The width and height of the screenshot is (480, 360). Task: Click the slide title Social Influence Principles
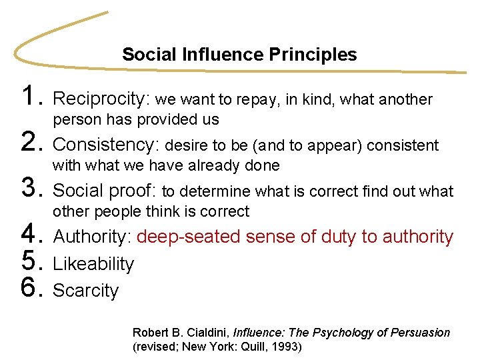click(239, 55)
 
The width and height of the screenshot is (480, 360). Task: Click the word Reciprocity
click(102, 99)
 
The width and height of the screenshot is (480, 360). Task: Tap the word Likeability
click(93, 264)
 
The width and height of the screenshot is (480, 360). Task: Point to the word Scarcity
click(85, 291)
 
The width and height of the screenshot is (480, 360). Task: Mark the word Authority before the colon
click(93, 237)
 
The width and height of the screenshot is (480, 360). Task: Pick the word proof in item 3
click(133, 191)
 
